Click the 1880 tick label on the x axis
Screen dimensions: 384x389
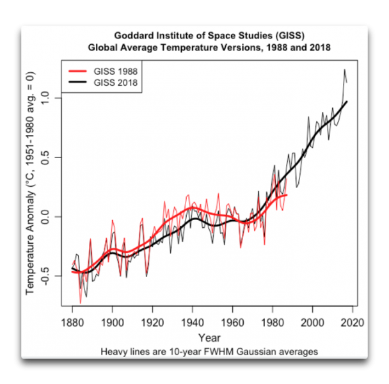click(x=72, y=322)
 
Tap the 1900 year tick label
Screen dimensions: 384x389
click(x=113, y=322)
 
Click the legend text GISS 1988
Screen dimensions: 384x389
click(x=116, y=71)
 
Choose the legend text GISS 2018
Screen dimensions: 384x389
click(x=116, y=83)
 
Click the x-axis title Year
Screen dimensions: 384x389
click(x=210, y=337)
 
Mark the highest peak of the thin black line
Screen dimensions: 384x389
click(x=344, y=69)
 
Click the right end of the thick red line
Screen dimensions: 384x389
click(x=287, y=195)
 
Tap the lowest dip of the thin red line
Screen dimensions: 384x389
click(x=81, y=303)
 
